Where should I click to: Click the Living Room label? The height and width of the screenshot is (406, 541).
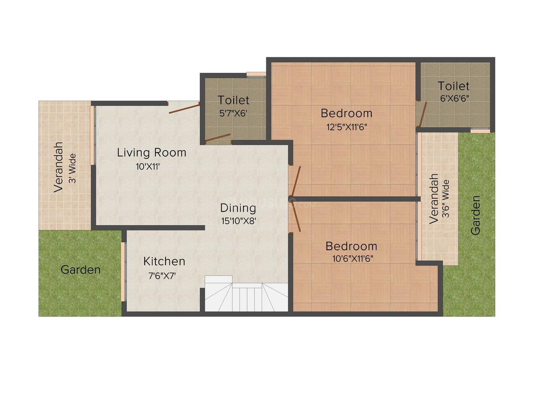pos(152,152)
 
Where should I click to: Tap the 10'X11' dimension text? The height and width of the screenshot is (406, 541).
pos(148,167)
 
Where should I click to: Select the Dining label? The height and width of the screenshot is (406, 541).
pos(238,208)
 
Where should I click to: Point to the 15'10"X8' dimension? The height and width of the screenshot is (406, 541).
pos(238,221)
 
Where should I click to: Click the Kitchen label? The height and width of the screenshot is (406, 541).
pos(164,261)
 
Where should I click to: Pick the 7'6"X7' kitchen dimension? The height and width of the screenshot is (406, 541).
pos(162,276)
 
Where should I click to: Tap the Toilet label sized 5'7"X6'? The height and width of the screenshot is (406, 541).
pos(234,100)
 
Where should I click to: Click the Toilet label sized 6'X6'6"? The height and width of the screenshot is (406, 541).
pos(454,85)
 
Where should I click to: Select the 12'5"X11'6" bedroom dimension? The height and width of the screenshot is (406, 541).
pos(347,127)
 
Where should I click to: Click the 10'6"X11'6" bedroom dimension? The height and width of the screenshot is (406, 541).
pos(351,259)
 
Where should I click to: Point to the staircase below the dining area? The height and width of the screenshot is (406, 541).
pos(246,294)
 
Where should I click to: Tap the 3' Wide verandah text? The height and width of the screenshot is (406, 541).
pos(72,168)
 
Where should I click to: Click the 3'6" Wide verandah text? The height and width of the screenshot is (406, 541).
pos(446,198)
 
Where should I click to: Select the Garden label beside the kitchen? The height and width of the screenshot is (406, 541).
pos(81,270)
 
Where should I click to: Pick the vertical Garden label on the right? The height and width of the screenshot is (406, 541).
pos(475,216)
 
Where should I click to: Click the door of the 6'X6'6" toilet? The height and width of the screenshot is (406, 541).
pos(423,114)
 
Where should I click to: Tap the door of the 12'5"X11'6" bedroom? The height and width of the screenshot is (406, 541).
pos(296,181)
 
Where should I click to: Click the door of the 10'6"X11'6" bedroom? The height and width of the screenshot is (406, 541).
pos(296,217)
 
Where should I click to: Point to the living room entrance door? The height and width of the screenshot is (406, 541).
pos(184,108)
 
